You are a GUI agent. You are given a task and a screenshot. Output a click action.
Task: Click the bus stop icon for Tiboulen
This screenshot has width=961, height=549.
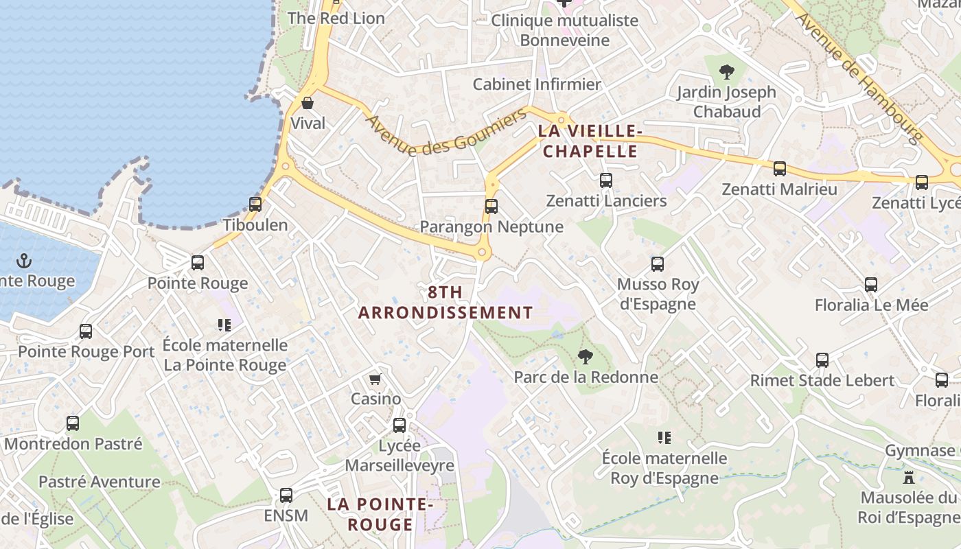click(255, 204)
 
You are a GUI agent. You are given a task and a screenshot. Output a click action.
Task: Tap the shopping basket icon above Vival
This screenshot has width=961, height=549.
click(308, 103)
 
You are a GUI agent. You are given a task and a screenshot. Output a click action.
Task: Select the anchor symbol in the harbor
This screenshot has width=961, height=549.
click(24, 261)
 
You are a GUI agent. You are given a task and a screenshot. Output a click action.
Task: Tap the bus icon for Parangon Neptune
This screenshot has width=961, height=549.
click(491, 206)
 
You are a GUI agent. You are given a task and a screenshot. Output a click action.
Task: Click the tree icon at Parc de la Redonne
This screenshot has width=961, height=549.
click(585, 356)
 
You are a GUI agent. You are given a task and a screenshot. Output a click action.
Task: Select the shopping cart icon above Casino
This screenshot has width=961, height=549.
click(375, 379)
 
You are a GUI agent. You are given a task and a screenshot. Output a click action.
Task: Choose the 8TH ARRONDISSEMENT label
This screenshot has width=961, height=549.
click(445, 303)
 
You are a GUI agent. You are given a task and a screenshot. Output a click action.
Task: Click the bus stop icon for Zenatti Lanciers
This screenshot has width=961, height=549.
click(605, 180)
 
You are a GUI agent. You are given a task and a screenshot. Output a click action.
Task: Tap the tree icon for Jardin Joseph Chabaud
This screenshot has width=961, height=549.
click(726, 71)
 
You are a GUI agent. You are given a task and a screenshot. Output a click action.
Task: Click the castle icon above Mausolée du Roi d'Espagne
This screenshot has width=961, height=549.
click(909, 477)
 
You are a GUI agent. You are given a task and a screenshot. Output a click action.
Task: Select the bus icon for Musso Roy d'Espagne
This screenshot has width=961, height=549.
click(657, 264)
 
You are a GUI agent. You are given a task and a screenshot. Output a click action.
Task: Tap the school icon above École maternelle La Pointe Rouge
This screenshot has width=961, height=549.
click(224, 325)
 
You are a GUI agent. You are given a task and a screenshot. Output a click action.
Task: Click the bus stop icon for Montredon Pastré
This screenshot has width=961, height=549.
click(73, 423)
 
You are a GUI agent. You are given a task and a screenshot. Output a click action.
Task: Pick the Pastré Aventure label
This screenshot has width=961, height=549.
click(99, 482)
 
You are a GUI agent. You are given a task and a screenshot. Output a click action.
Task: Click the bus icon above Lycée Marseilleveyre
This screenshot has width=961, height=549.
click(399, 425)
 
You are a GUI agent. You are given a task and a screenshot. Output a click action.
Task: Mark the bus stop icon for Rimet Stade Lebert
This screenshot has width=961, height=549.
click(822, 360)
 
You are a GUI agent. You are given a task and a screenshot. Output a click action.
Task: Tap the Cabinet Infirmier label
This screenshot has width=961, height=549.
click(537, 84)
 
